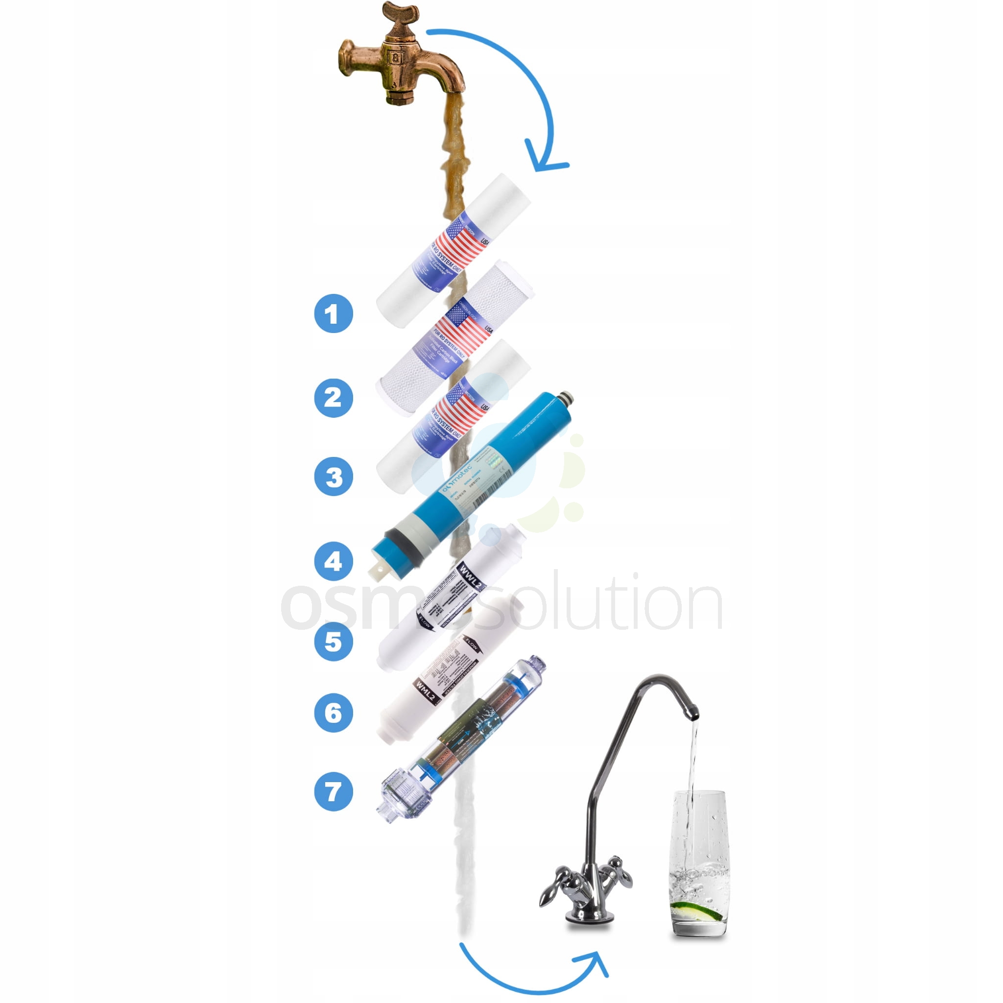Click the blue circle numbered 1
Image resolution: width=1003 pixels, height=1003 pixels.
point(334,313)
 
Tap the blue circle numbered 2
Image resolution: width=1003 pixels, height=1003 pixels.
point(334,398)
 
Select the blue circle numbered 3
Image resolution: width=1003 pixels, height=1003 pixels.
point(334,476)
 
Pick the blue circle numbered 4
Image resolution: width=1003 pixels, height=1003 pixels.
point(334,561)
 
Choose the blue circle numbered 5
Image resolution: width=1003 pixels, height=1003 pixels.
point(334,641)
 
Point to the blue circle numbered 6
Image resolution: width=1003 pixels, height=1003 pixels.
point(334,713)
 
